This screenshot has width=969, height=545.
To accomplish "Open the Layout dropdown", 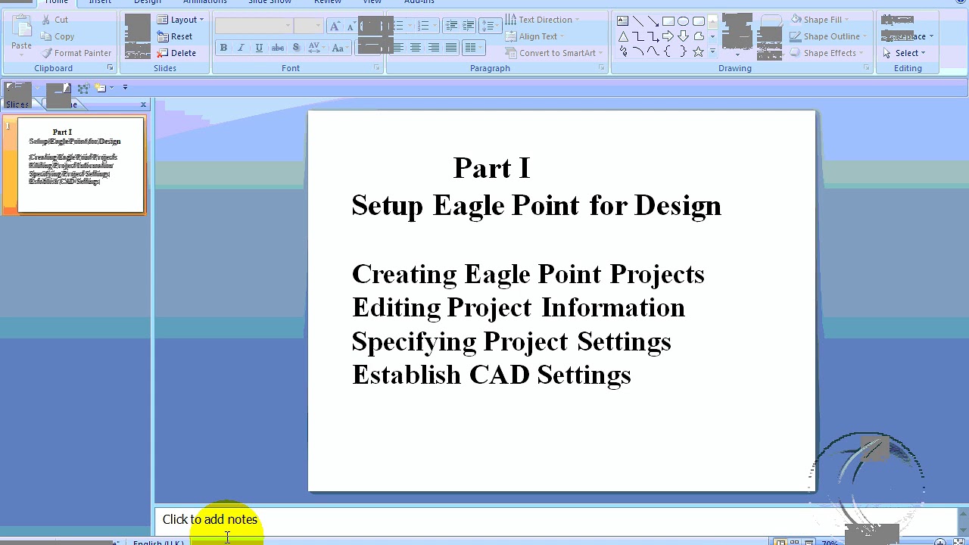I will tap(181, 20).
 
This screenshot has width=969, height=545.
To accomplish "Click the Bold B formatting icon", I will tap(223, 48).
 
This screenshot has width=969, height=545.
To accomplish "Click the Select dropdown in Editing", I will tap(905, 53).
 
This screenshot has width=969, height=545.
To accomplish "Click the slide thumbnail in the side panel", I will tap(80, 164).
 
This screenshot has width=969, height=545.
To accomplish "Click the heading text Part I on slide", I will tap(491, 168).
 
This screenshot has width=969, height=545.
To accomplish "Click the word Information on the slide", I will tap(612, 307).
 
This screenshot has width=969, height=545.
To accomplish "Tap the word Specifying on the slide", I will tap(413, 341).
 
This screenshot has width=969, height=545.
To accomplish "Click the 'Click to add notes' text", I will tap(210, 519).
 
